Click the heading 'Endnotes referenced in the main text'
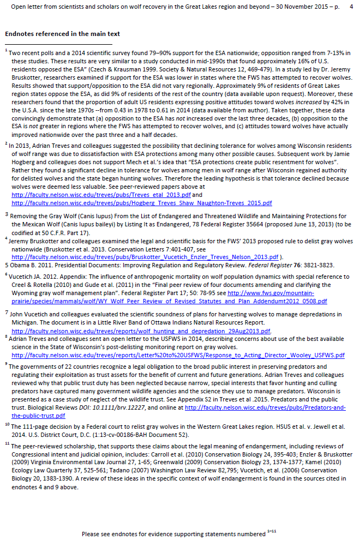point(62,34)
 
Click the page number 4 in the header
point(351,8)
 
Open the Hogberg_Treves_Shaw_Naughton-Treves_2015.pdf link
point(141,203)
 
